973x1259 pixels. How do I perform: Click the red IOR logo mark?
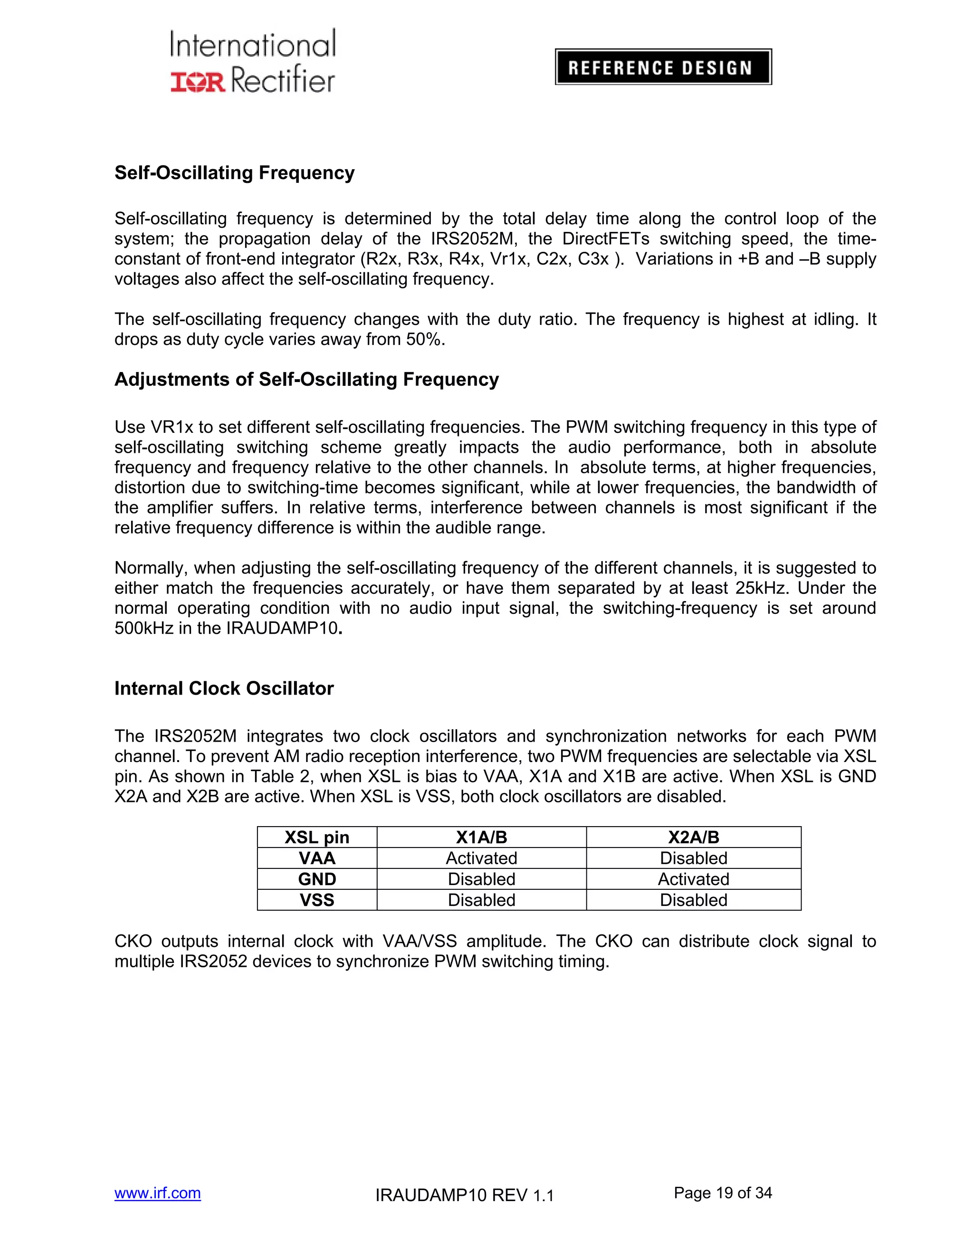click(x=197, y=81)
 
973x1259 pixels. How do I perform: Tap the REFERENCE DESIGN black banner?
click(x=663, y=67)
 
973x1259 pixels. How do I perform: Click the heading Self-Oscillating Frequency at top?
click(x=234, y=173)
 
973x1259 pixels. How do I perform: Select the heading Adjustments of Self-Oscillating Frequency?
click(x=306, y=379)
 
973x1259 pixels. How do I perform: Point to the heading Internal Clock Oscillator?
click(x=224, y=688)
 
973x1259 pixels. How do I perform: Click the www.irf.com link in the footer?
click(x=157, y=1192)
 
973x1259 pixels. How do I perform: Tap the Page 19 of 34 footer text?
click(x=722, y=1192)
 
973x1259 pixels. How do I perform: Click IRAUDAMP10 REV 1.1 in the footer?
click(x=464, y=1195)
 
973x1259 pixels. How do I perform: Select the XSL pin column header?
click(x=316, y=837)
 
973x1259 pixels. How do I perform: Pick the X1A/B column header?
click(x=481, y=837)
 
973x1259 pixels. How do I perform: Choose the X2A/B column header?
click(x=694, y=837)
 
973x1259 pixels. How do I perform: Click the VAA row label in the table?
click(x=316, y=858)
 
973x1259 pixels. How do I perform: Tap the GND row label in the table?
click(x=316, y=879)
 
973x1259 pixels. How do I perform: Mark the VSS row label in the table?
click(x=316, y=900)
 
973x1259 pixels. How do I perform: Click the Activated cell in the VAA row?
click(x=481, y=858)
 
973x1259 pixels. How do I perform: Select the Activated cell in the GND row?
click(x=694, y=879)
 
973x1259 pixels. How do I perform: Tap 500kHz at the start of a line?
click(x=143, y=629)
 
